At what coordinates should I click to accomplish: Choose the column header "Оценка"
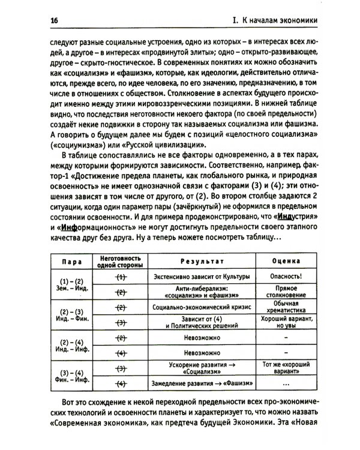[x=282, y=262]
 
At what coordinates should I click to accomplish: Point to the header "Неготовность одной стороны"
[x=119, y=262]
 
